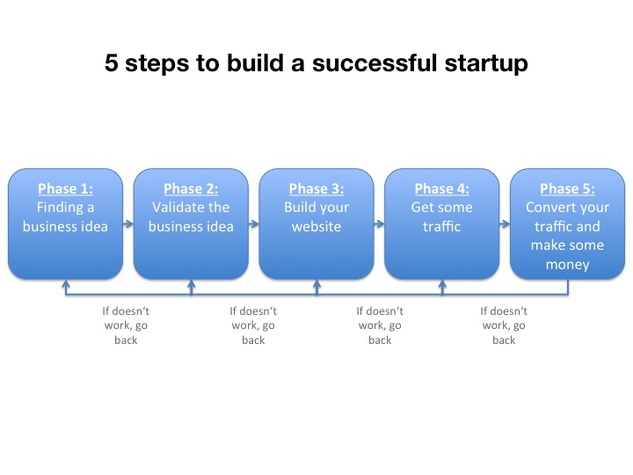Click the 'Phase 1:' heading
coord(65,188)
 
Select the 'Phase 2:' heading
coord(191,188)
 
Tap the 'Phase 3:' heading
coord(316,188)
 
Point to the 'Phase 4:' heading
coord(442,188)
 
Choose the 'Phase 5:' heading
coord(568,188)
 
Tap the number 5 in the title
coord(111,63)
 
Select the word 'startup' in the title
coord(486,64)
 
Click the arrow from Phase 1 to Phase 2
coord(128,223)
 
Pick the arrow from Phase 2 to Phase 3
coord(253,223)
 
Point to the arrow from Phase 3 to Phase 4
coord(379,223)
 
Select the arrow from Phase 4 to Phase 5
coord(505,223)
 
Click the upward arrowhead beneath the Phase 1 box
coord(66,284)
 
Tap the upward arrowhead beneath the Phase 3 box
coord(316,284)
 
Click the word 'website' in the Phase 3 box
coord(316,227)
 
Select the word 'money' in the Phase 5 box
coord(568,265)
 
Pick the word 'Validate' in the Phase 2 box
coord(173,208)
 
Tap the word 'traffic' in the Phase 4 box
coord(442,226)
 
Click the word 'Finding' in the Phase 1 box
coord(60,208)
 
